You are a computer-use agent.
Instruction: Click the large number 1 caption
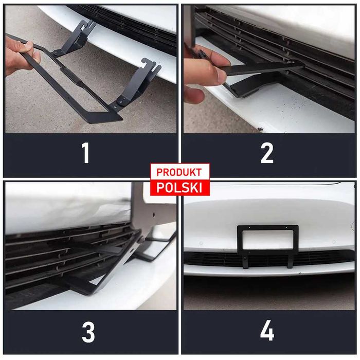point(86,153)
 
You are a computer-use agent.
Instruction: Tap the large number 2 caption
point(267,153)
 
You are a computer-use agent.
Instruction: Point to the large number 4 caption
point(267,331)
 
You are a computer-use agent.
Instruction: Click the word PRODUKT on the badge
point(179,172)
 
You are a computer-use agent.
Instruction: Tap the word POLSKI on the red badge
point(179,188)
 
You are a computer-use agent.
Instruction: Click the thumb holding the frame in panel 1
point(26,47)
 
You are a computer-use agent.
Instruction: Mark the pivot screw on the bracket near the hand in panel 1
point(56,53)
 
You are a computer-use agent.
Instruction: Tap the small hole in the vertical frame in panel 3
point(154,215)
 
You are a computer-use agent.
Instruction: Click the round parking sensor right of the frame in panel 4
point(334,242)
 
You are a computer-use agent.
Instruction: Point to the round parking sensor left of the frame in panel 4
point(202,243)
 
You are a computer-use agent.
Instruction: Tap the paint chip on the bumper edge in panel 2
point(260,130)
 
